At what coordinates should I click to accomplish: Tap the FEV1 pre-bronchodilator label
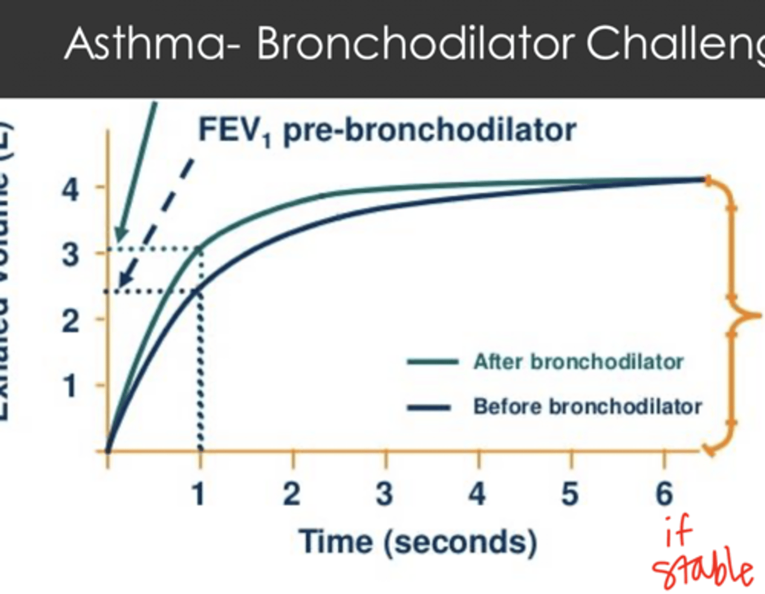[387, 130]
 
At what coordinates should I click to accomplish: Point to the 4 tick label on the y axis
[71, 189]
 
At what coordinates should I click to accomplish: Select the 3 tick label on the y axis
[71, 255]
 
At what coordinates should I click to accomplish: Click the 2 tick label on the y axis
[71, 321]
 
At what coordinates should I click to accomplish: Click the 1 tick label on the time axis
[199, 494]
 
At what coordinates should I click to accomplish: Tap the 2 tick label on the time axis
[292, 494]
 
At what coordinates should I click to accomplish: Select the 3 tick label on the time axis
[385, 494]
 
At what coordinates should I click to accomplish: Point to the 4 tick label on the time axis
[477, 494]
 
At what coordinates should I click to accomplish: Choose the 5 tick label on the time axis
[570, 494]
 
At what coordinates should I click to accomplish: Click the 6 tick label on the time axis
[664, 494]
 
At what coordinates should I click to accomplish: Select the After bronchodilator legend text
[578, 362]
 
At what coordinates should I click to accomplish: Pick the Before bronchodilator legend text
[588, 407]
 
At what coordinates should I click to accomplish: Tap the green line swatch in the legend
[432, 362]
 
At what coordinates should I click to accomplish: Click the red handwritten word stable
[702, 569]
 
